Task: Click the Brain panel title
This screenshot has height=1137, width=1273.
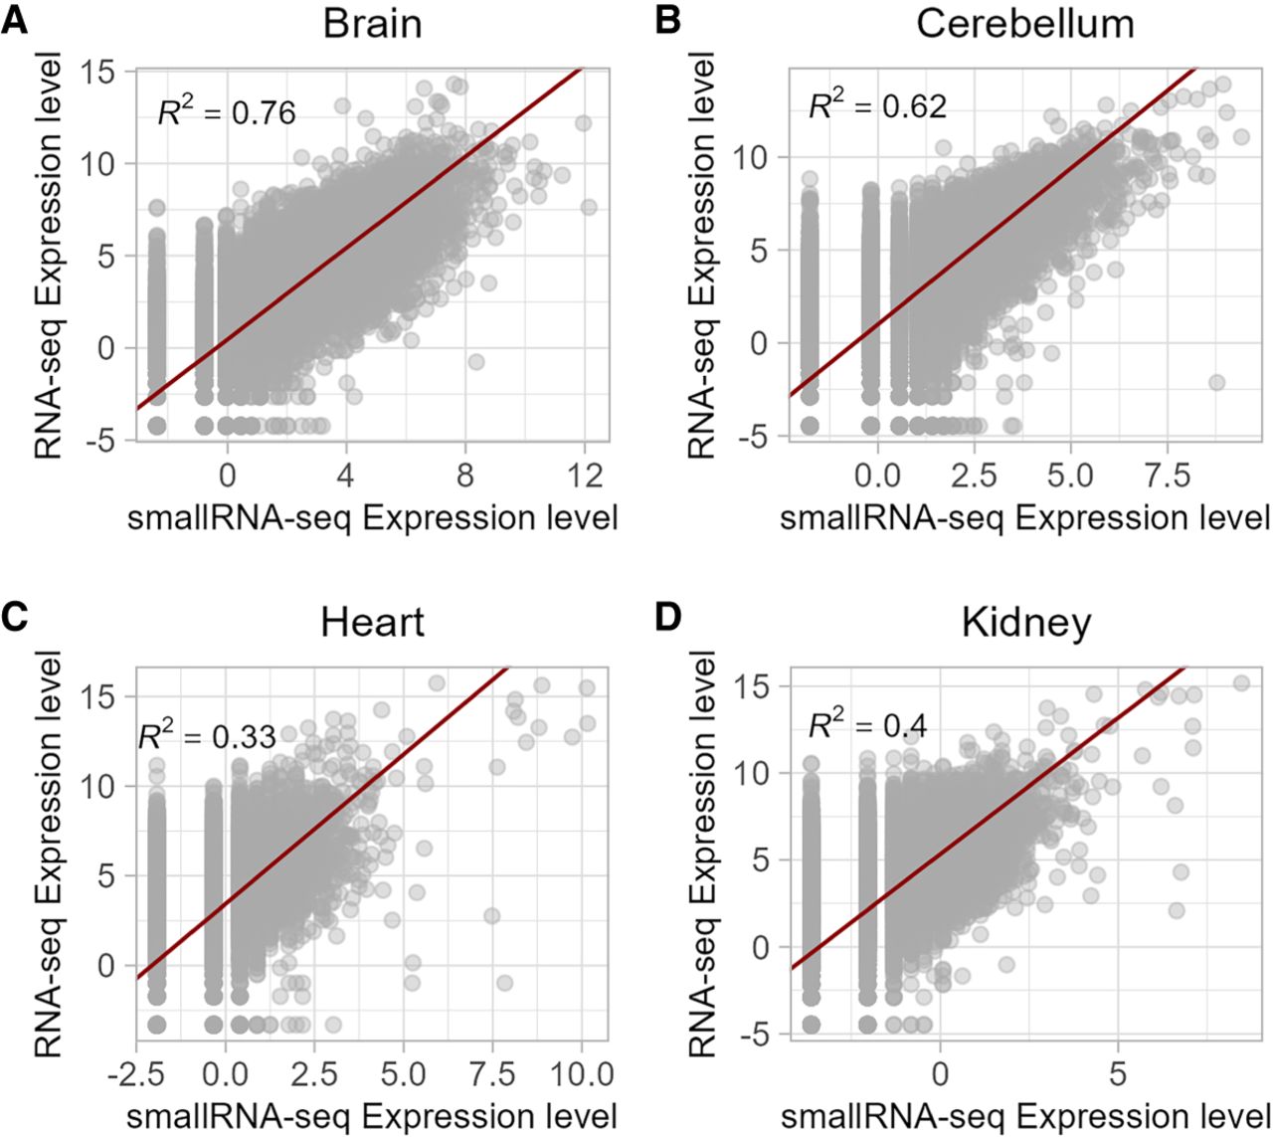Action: pyautogui.click(x=372, y=25)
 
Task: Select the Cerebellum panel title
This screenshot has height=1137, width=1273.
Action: pyautogui.click(x=1024, y=25)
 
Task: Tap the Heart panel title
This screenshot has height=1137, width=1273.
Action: pyautogui.click(x=372, y=623)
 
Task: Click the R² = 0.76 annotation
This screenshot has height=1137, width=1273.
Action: pyautogui.click(x=226, y=111)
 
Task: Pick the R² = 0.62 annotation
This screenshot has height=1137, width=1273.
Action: pyautogui.click(x=878, y=104)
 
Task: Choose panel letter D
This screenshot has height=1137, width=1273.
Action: pyautogui.click(x=668, y=619)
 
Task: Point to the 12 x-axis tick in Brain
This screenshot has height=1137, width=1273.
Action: pyautogui.click(x=584, y=475)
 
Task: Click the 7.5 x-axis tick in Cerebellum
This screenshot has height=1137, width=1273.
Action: pyautogui.click(x=1167, y=475)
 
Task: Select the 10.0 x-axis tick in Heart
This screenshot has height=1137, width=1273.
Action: pyautogui.click(x=581, y=1073)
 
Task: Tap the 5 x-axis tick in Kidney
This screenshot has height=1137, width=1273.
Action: pyautogui.click(x=1118, y=1073)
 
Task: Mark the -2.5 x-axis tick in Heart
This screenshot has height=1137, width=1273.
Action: pyautogui.click(x=136, y=1073)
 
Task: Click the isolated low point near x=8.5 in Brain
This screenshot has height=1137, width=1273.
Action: pyautogui.click(x=475, y=361)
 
